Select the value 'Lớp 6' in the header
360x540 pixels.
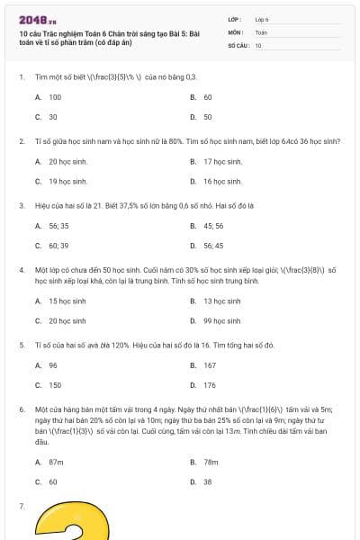tap(262, 19)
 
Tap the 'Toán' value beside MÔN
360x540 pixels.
tap(261, 31)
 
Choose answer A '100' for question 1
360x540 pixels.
tap(55, 96)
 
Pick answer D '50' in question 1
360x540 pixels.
tap(207, 117)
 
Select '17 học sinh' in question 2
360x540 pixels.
tap(222, 162)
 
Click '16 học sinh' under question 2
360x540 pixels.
tap(222, 182)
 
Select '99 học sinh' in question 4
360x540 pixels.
tap(222, 321)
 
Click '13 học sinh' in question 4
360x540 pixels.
tap(222, 301)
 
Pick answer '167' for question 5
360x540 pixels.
tap(210, 365)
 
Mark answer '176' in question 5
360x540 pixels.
tap(210, 385)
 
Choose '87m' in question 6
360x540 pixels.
tap(56, 462)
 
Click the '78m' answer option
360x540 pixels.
tap(211, 462)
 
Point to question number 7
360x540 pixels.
tap(21, 508)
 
